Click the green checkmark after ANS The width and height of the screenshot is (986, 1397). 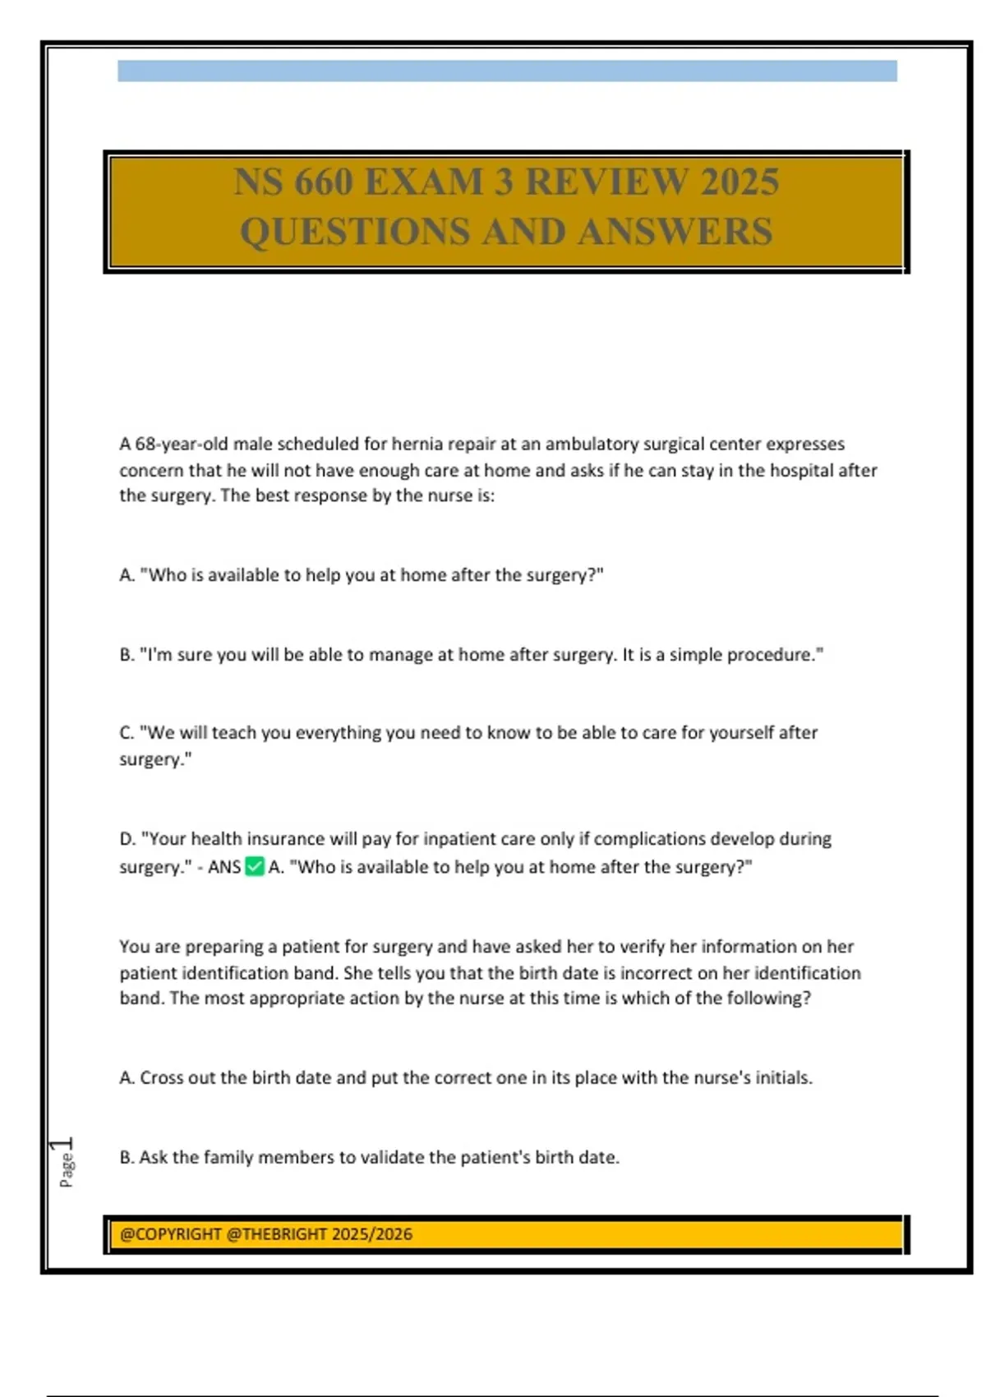(255, 866)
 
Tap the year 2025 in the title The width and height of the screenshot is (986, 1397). (739, 182)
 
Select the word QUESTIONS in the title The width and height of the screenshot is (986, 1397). (355, 231)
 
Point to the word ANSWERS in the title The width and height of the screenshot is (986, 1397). (675, 231)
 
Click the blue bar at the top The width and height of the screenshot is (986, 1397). (507, 71)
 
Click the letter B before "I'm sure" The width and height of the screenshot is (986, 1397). (126, 655)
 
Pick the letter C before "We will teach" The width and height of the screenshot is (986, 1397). (126, 732)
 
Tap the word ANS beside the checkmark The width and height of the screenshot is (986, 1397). (224, 867)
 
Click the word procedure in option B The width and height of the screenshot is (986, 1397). (780, 655)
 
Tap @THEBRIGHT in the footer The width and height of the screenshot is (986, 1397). (278, 1234)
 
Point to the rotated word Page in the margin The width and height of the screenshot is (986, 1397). (67, 1169)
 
